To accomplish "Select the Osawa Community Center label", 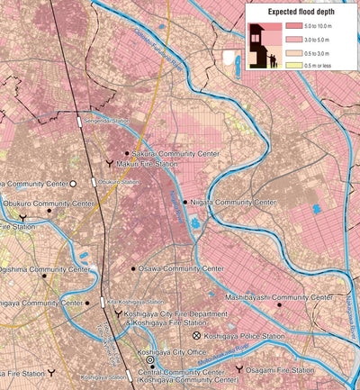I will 181,268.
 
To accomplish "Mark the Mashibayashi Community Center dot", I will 279,305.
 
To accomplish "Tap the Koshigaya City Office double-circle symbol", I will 150,359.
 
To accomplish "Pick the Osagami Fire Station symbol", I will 238,369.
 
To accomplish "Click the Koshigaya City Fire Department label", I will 175,313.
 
